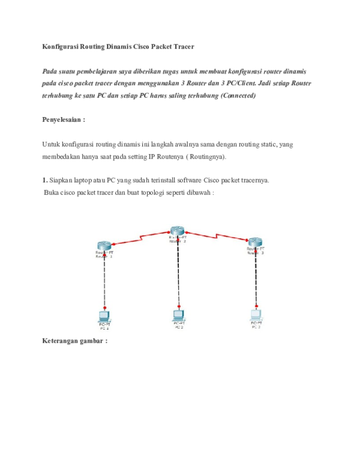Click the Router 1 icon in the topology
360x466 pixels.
point(104,245)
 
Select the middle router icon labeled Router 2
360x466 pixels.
point(176,231)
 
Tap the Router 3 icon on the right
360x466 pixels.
point(256,241)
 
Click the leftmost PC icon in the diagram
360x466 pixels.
point(104,316)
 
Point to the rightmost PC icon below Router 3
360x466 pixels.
point(256,313)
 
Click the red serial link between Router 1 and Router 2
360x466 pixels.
point(140,238)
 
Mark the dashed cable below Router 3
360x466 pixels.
point(256,279)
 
